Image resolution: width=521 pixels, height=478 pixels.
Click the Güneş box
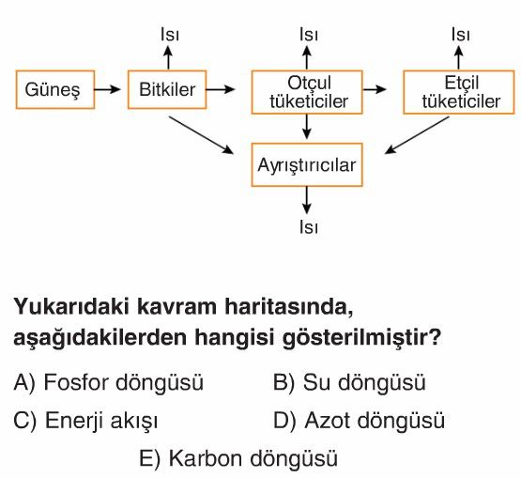pos(55,89)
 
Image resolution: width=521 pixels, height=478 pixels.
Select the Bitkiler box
pos(167,89)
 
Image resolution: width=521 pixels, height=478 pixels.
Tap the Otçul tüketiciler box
pos(307,92)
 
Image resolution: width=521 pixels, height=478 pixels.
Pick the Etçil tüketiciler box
pos(459,92)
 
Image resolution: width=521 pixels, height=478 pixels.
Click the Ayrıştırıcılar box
pos(307,165)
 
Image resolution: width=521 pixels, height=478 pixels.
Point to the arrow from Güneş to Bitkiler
pos(107,89)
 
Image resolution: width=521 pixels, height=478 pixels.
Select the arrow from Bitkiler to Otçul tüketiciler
pos(221,89)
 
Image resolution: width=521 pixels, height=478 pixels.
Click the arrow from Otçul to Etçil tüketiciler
pos(375,89)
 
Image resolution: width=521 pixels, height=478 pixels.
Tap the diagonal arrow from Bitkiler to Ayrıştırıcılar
pos(201,135)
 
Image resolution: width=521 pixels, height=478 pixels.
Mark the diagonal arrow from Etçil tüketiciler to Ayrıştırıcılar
pos(417,135)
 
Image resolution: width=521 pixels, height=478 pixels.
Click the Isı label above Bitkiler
pos(170,35)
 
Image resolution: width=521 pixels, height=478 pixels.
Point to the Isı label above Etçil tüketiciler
pos(461,35)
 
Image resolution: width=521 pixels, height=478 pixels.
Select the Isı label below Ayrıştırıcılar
pos(309,227)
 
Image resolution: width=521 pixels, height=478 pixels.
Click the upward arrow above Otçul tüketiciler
pos(307,57)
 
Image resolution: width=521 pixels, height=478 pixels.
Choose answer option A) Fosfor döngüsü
pos(108,382)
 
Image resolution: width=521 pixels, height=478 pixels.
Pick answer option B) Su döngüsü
pos(349,382)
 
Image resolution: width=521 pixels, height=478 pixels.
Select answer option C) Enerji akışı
pos(85,421)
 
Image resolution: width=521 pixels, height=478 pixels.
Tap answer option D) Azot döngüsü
pos(359,421)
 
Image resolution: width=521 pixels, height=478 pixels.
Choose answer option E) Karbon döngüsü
pos(238,458)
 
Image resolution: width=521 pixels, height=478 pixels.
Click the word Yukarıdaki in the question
pos(71,306)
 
